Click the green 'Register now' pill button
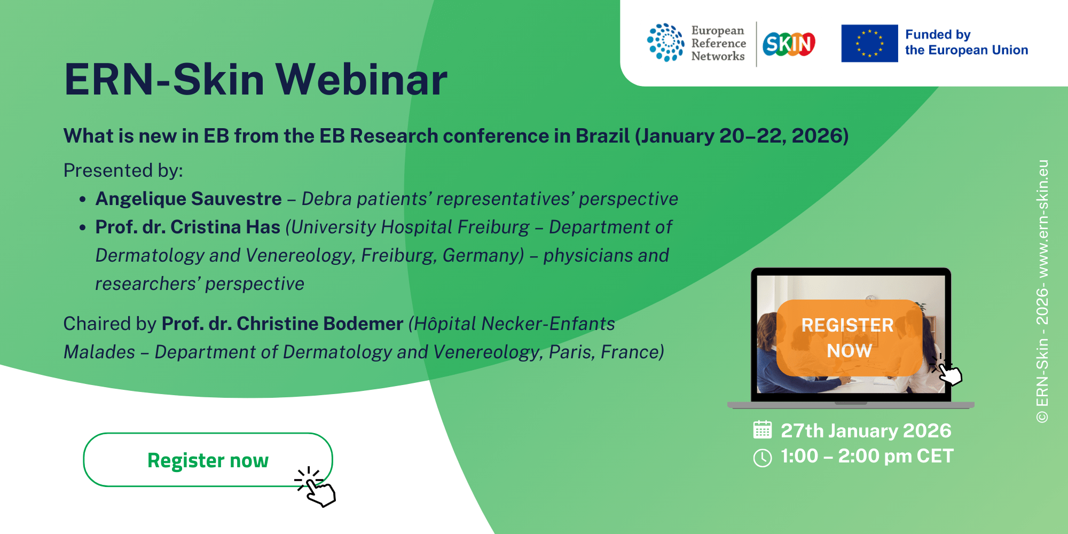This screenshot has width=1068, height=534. [x=208, y=460]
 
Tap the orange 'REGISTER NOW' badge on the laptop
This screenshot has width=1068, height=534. [x=849, y=338]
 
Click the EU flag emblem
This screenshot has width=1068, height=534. [x=869, y=43]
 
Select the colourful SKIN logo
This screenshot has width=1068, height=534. [x=789, y=44]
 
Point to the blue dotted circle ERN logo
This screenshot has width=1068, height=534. [x=665, y=42]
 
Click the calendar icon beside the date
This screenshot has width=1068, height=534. [x=763, y=430]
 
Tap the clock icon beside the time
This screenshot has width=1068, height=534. [x=763, y=458]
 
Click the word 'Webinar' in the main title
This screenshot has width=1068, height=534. [x=362, y=80]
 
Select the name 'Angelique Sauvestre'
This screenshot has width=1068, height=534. [x=189, y=199]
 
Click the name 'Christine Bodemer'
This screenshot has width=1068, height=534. [x=320, y=324]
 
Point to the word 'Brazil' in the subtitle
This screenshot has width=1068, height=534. [x=603, y=136]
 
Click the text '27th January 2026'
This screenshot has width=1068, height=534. [x=866, y=430]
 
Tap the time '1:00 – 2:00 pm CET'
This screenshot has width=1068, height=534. [x=867, y=456]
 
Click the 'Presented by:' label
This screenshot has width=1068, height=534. [x=123, y=170]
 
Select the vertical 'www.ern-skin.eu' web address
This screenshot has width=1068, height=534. [x=1042, y=218]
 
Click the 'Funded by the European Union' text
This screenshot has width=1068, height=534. [x=967, y=42]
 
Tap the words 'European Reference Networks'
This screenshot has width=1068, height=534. [x=718, y=43]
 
